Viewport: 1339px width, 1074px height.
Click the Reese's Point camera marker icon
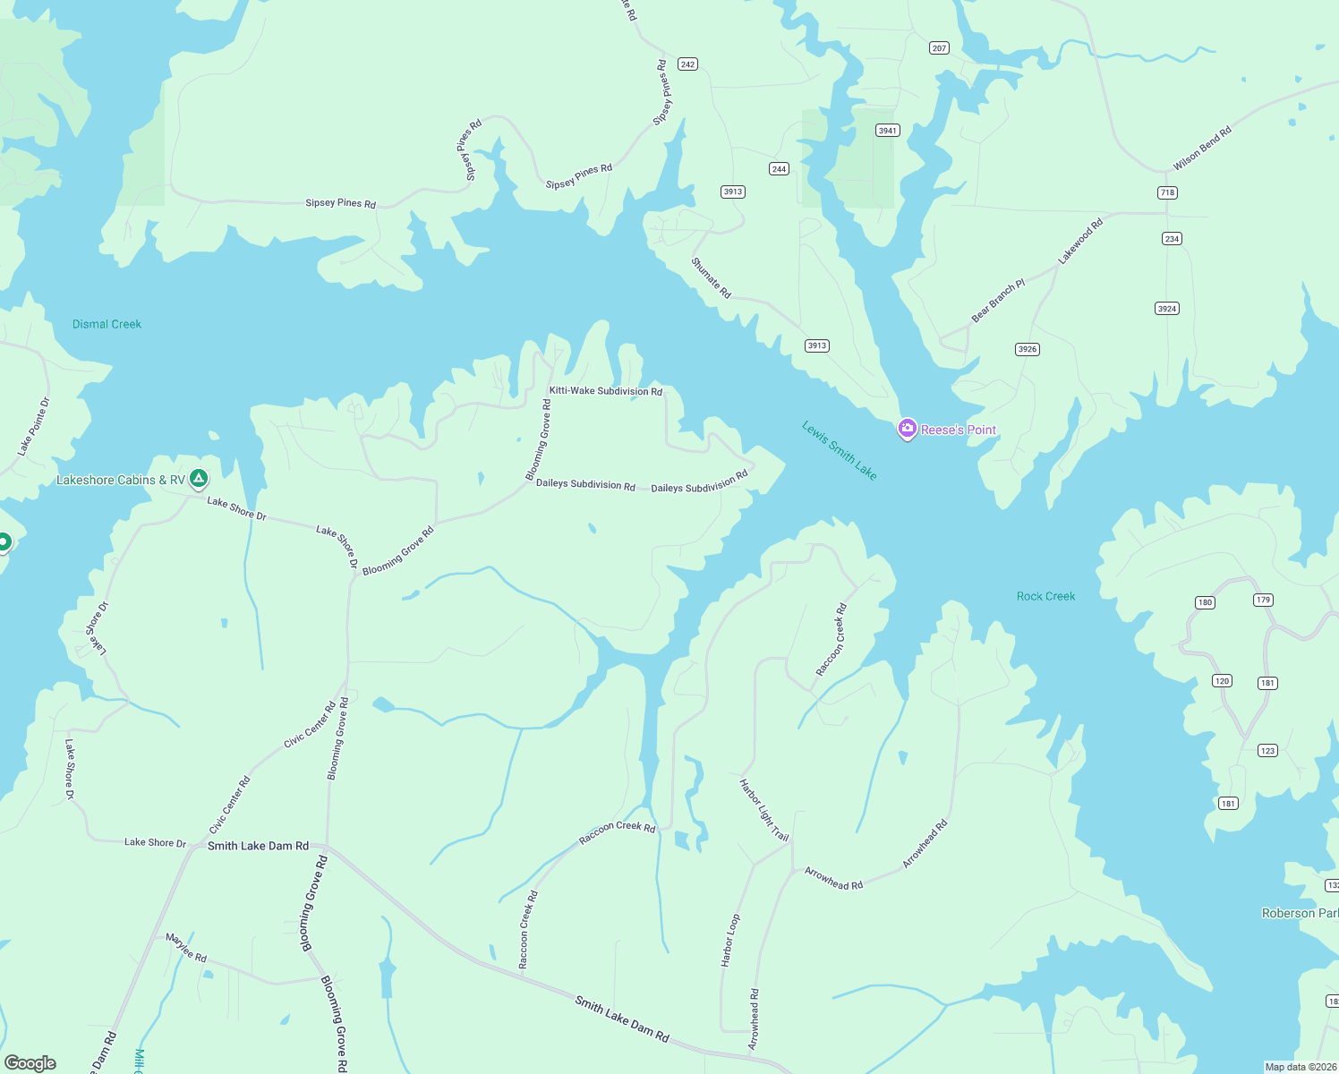[907, 429]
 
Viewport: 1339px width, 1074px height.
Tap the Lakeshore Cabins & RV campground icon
[199, 479]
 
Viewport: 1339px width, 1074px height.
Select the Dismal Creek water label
[107, 324]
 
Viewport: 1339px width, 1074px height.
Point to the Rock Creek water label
[1045, 596]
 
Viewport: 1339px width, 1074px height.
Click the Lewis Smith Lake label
[839, 450]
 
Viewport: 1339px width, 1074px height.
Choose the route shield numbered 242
[687, 64]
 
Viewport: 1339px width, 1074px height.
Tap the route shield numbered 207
[939, 48]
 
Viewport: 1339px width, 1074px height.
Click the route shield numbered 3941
[887, 131]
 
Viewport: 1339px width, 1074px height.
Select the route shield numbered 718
[1167, 192]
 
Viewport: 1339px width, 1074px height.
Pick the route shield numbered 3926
[1028, 349]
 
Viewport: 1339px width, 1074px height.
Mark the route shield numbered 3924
[1166, 309]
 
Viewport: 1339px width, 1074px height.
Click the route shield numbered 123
[1267, 751]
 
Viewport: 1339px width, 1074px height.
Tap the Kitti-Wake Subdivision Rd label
[605, 391]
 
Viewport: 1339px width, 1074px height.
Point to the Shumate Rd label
[712, 278]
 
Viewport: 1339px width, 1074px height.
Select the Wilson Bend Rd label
[1202, 149]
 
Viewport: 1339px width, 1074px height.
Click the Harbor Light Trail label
[763, 810]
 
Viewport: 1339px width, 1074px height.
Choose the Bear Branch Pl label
[998, 301]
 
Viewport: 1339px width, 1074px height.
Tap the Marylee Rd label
[186, 948]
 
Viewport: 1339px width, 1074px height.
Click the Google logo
[30, 1062]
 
